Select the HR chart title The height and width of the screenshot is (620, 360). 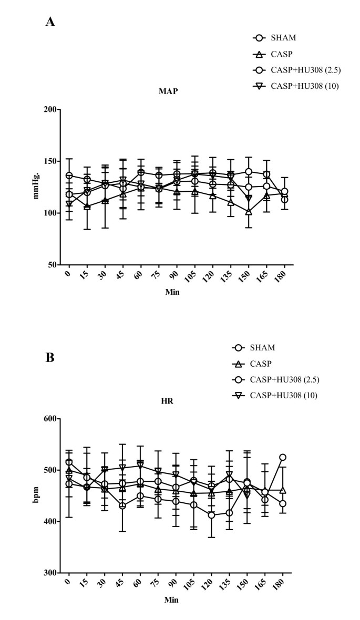point(168,401)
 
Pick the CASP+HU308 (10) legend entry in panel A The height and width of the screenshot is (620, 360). point(303,86)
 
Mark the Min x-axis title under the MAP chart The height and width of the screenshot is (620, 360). point(171,292)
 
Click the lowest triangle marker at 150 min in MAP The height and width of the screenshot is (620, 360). point(249,212)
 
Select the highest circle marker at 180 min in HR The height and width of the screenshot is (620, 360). point(283,457)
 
